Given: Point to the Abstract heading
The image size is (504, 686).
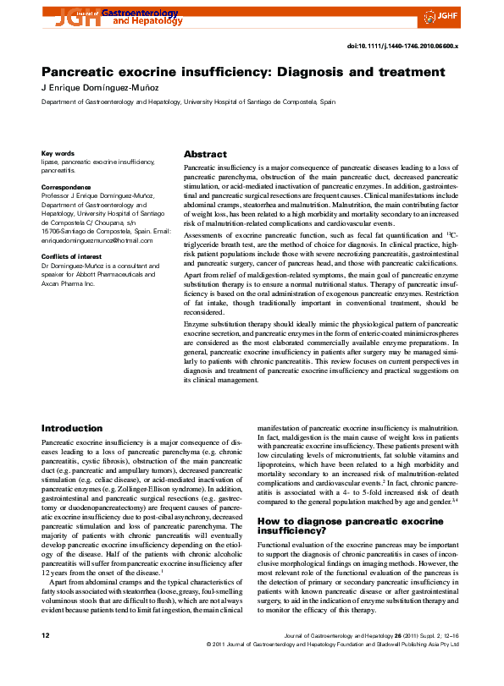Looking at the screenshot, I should [x=205, y=155].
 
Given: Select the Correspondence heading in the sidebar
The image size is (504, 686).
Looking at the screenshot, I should [x=66, y=186].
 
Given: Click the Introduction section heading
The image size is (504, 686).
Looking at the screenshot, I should [x=72, y=429].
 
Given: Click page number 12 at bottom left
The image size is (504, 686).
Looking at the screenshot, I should [x=46, y=657].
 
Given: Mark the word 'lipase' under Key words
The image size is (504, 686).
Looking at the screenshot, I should [x=51, y=162].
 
